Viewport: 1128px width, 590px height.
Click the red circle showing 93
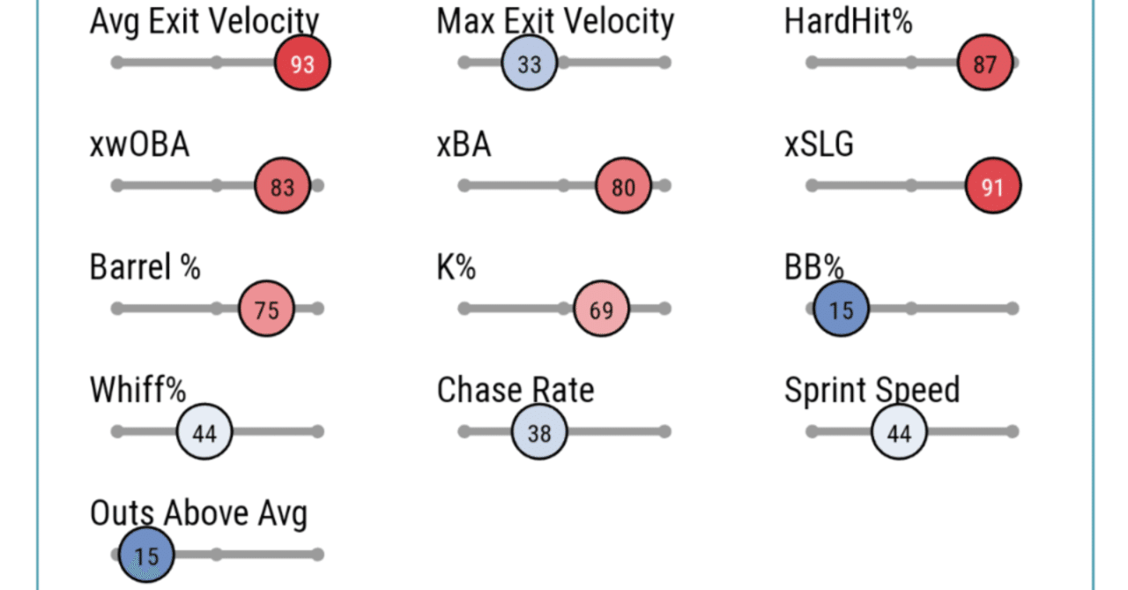[x=302, y=63]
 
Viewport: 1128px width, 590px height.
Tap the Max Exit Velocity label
[x=555, y=21]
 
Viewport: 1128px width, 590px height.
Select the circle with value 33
[x=529, y=63]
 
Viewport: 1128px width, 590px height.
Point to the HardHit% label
[x=848, y=21]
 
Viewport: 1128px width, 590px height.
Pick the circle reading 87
[x=984, y=63]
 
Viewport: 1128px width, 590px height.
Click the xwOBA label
[x=139, y=145]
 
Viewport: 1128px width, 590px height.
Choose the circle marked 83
[x=282, y=186]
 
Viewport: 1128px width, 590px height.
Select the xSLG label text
[x=819, y=145]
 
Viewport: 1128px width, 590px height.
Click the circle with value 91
[x=993, y=186]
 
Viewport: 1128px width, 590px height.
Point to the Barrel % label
[x=145, y=267]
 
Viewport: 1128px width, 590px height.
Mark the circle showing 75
[x=266, y=310]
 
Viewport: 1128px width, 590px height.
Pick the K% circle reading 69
[x=600, y=310]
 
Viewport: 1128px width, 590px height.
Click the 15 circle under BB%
[x=841, y=310]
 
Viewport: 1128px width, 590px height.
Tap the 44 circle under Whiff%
[x=204, y=432]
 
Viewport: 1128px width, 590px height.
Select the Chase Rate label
[x=516, y=390]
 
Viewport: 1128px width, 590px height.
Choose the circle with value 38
[x=538, y=432]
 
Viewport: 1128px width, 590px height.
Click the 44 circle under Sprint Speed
[x=899, y=432]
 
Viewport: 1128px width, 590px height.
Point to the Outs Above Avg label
[x=198, y=512]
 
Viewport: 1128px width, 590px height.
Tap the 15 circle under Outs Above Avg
[x=146, y=556]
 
